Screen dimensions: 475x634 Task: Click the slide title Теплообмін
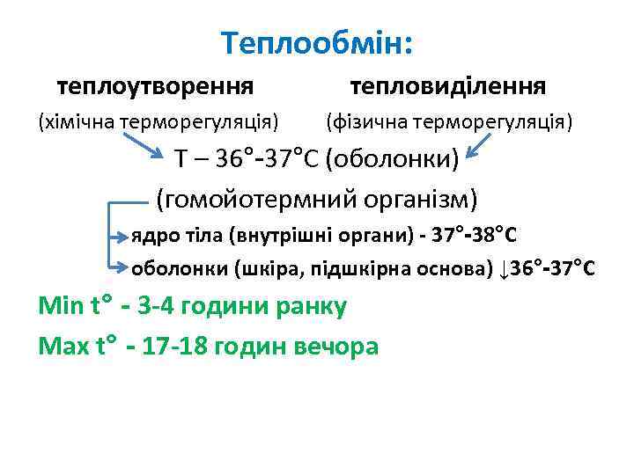(x=316, y=42)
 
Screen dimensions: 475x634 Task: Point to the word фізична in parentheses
(x=367, y=121)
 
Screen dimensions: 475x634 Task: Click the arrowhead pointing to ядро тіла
(x=123, y=236)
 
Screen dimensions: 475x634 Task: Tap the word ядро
(x=150, y=237)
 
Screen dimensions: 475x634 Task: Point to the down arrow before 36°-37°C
(x=503, y=268)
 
